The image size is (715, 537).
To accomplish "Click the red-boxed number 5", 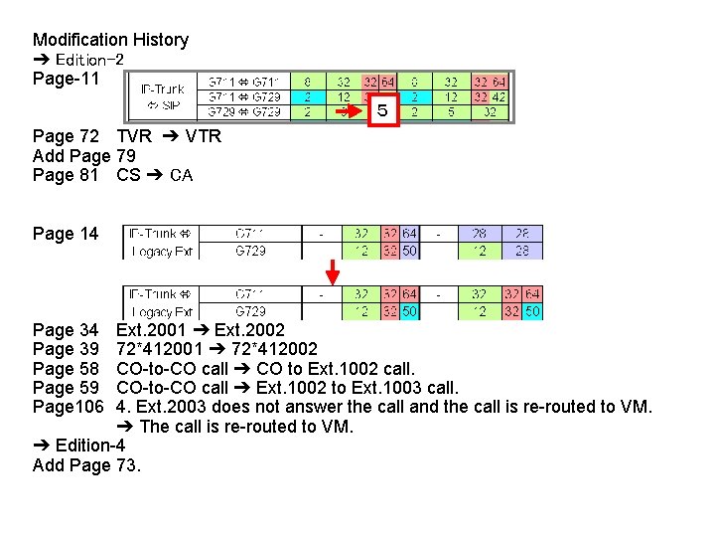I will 382,111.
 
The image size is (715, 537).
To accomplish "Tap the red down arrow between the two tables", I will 333,270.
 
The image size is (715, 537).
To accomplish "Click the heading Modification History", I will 110,40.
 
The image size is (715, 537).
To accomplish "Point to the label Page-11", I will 67,79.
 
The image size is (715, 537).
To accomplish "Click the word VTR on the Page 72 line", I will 203,136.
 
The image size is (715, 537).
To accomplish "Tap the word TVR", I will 134,136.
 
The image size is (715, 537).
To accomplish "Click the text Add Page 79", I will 84,156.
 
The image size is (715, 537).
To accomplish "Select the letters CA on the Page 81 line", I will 181,176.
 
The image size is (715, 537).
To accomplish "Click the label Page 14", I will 66,234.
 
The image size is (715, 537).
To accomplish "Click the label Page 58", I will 66,369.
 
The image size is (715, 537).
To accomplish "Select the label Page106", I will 66,407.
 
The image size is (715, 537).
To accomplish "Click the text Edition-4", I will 89,446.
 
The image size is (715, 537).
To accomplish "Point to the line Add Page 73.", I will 86,464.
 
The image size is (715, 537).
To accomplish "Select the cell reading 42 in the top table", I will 500,97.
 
